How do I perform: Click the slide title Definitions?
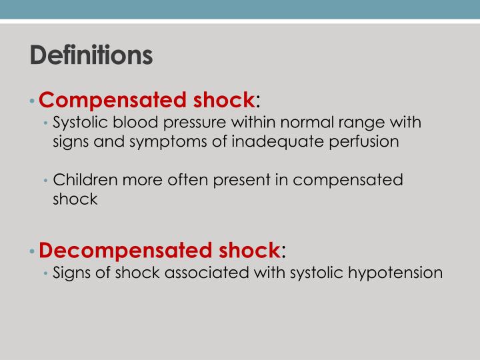(91, 55)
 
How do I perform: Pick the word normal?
(291, 123)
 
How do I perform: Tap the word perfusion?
(365, 143)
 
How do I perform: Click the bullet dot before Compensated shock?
(33, 101)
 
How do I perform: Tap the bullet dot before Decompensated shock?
(33, 251)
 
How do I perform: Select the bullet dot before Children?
(46, 181)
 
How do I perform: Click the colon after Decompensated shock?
(283, 252)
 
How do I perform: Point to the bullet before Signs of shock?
(46, 273)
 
